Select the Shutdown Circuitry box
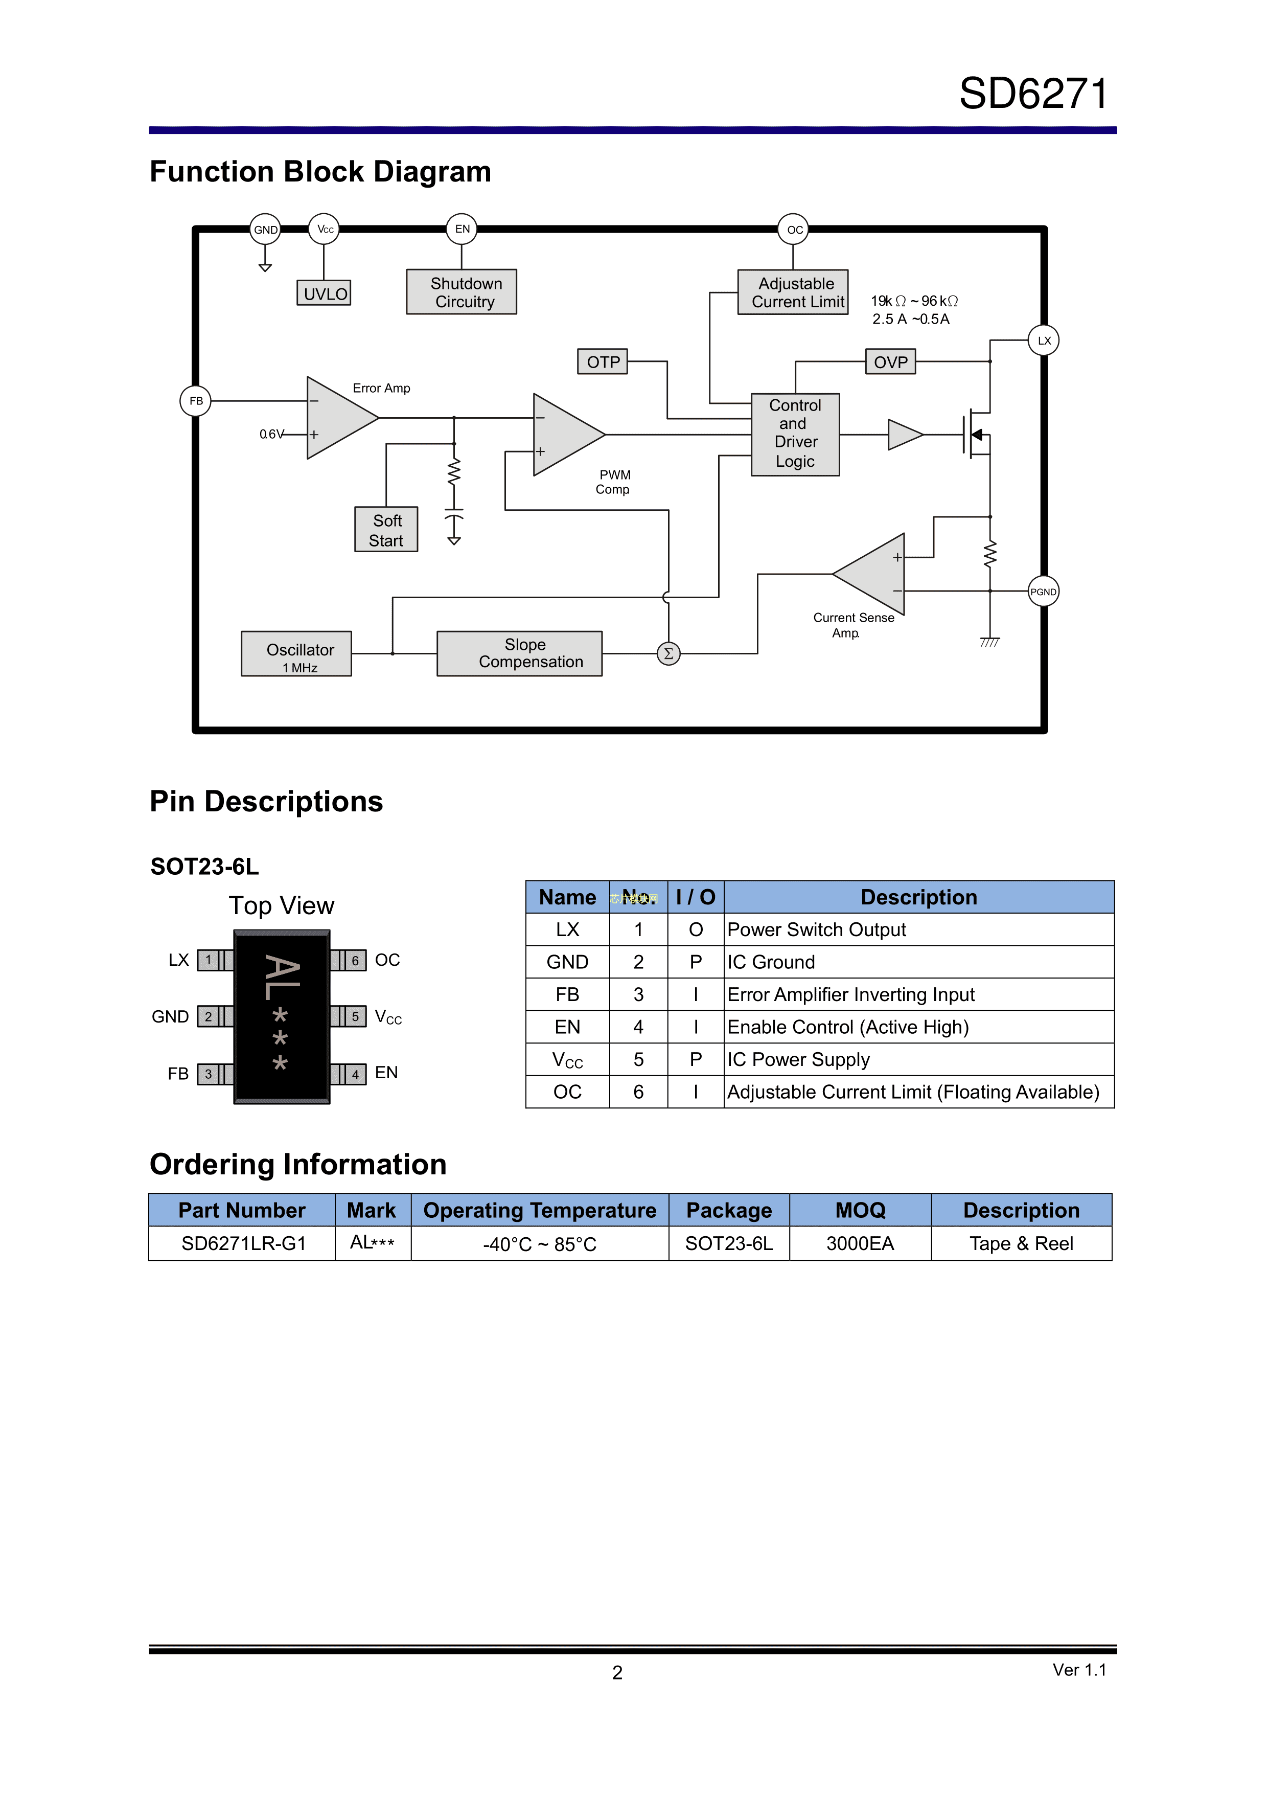tap(462, 292)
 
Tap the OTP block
tap(603, 362)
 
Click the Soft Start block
tap(386, 530)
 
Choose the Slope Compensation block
tap(520, 653)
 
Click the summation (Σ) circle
tap(669, 654)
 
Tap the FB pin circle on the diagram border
tap(196, 401)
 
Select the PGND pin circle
tap(1043, 592)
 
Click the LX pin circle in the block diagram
tap(1044, 340)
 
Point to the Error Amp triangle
tap(337, 418)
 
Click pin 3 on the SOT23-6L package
tap(208, 1074)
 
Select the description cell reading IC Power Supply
tap(918, 1059)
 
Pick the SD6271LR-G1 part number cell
tap(242, 1243)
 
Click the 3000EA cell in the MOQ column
tap(860, 1243)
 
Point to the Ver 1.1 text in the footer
tap(1079, 1670)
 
